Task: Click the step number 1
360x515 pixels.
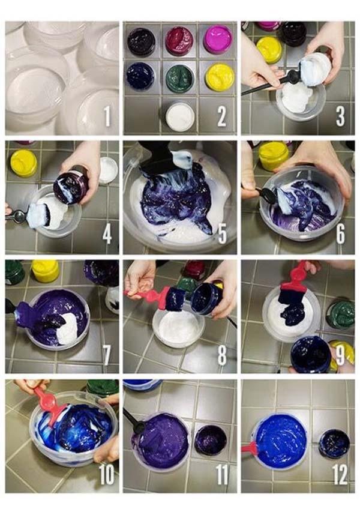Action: point(107,116)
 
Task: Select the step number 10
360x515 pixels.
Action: point(107,474)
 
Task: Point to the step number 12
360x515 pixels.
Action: point(340,474)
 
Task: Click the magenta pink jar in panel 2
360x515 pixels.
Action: point(218,40)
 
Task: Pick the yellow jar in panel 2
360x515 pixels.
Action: point(220,77)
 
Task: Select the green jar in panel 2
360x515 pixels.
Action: point(179,79)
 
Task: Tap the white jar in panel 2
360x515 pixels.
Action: point(180,116)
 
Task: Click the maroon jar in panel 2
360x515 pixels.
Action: point(179,41)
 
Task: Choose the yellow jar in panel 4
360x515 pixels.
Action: point(23,163)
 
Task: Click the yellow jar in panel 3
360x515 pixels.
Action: point(269,50)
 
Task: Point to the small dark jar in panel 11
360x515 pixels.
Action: point(211,440)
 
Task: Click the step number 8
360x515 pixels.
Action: point(222,355)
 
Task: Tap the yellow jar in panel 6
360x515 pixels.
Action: point(274,156)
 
